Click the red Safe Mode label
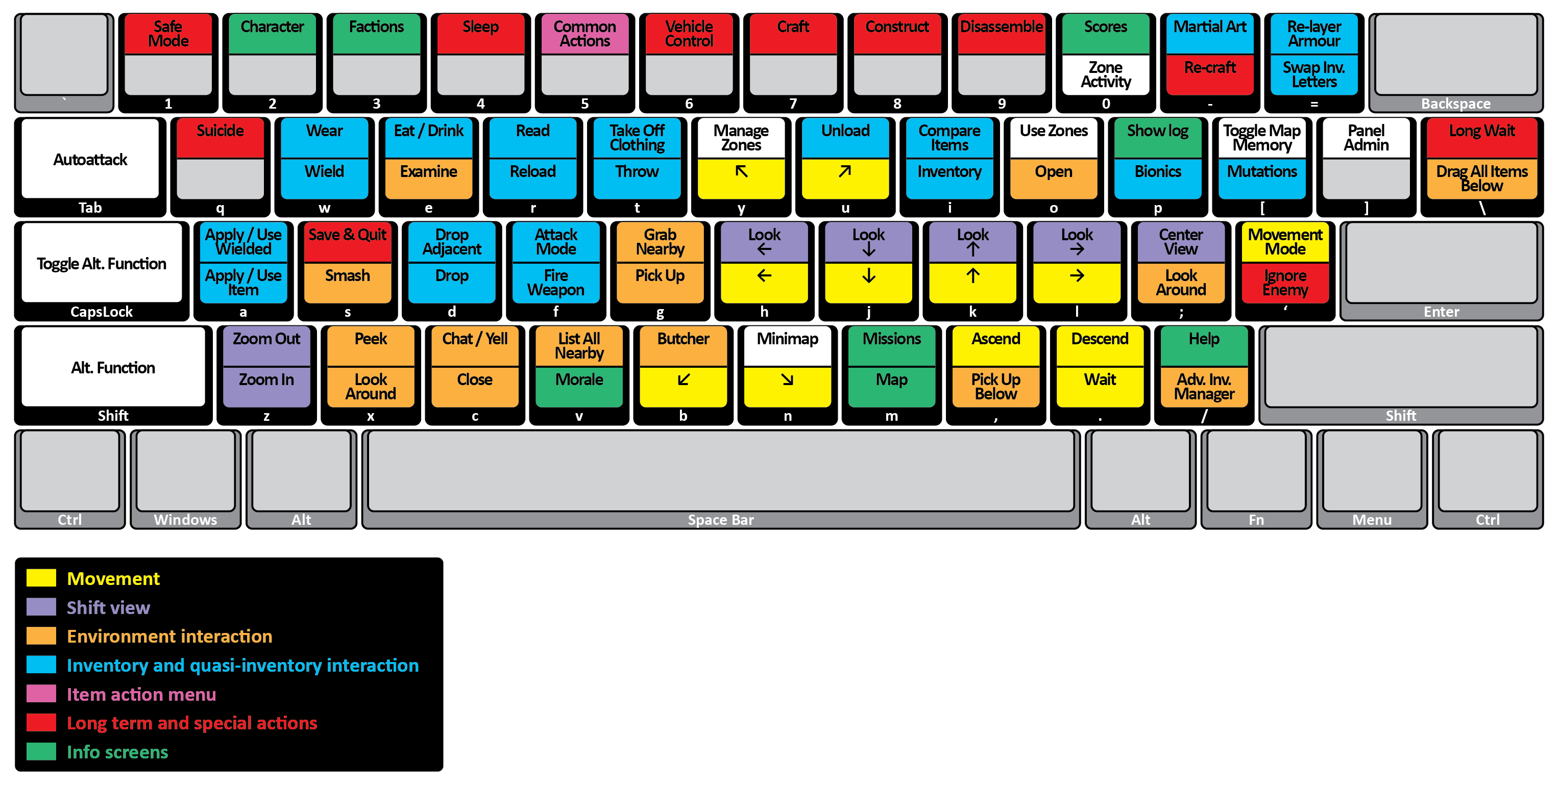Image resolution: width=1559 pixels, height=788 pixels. pyautogui.click(x=168, y=34)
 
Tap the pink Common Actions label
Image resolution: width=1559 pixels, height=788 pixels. pyautogui.click(x=584, y=34)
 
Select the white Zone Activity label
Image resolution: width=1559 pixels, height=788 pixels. pyautogui.click(x=1106, y=75)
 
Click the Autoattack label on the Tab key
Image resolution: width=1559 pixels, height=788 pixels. pyautogui.click(x=90, y=160)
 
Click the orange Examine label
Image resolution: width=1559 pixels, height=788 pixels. pyautogui.click(x=428, y=172)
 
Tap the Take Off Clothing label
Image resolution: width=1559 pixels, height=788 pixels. pyautogui.click(x=637, y=138)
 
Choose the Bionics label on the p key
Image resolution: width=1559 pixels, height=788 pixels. pyautogui.click(x=1158, y=172)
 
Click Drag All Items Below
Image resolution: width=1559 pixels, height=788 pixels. pyautogui.click(x=1481, y=179)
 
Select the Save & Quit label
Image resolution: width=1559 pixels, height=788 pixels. pyautogui.click(x=348, y=235)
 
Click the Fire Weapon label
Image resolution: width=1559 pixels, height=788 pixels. pyautogui.click(x=555, y=283)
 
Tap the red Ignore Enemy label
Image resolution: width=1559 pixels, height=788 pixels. pyautogui.click(x=1285, y=283)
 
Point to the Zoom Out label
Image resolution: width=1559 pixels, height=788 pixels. pyautogui.click(x=266, y=339)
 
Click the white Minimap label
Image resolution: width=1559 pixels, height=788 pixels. pyautogui.click(x=787, y=339)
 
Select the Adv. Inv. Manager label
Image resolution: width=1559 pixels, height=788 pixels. pyautogui.click(x=1204, y=387)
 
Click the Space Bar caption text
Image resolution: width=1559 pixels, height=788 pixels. pyautogui.click(x=720, y=520)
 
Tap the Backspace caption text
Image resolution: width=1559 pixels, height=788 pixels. pyautogui.click(x=1455, y=104)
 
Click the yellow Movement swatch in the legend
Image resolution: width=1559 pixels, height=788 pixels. pyautogui.click(x=41, y=578)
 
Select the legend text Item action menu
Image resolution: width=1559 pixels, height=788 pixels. pyautogui.click(x=141, y=694)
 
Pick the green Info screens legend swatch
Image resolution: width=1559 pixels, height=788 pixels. pyautogui.click(x=41, y=752)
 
